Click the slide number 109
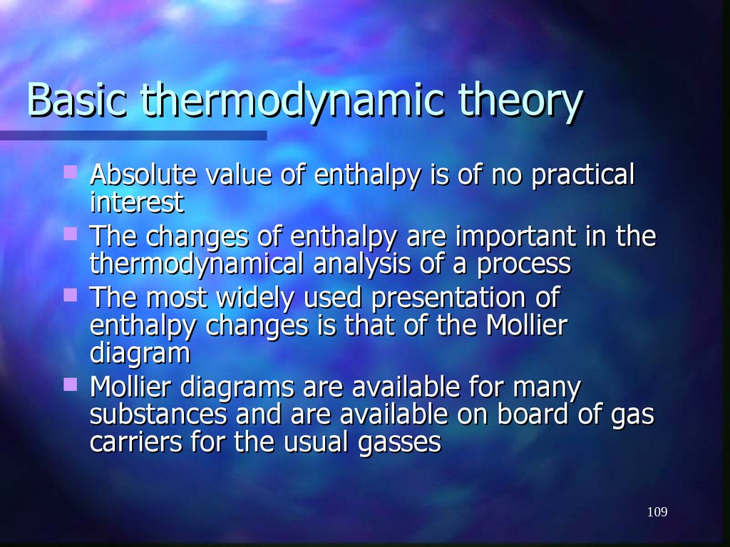coord(657,512)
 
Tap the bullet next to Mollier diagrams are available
coord(70,385)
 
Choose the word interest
coord(136,203)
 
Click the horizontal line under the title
coord(133,135)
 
